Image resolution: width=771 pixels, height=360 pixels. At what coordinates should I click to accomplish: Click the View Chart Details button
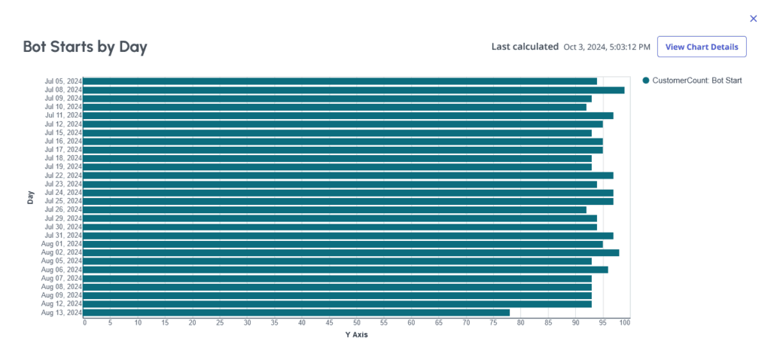pos(702,47)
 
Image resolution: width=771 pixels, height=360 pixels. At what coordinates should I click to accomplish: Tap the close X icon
pos(753,19)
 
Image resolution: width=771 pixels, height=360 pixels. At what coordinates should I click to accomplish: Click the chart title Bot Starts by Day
pos(85,47)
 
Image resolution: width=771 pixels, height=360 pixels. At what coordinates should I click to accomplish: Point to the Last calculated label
pos(525,47)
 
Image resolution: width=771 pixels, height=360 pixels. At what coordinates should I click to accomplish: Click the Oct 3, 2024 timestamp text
pos(607,47)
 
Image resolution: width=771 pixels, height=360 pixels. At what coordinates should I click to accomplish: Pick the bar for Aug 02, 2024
pos(351,253)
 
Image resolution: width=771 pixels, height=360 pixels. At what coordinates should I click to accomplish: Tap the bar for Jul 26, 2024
pos(334,210)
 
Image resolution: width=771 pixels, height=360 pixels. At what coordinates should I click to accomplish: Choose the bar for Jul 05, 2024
pos(340,81)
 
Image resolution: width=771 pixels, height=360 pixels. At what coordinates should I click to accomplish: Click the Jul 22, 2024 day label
pos(63,175)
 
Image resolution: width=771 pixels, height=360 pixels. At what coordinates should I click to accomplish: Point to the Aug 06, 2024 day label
pos(63,270)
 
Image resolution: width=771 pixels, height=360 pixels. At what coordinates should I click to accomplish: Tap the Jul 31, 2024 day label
pos(63,236)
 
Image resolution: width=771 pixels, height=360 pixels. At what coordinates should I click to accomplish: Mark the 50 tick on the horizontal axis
pos(356,323)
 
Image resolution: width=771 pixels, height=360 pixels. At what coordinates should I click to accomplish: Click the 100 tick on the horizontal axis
pos(624,323)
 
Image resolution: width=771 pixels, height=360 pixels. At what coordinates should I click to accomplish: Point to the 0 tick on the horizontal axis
pos(84,323)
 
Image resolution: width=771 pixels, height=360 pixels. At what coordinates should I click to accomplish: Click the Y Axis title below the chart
pos(356,335)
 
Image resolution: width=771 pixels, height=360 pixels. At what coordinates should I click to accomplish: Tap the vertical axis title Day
pos(31,197)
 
